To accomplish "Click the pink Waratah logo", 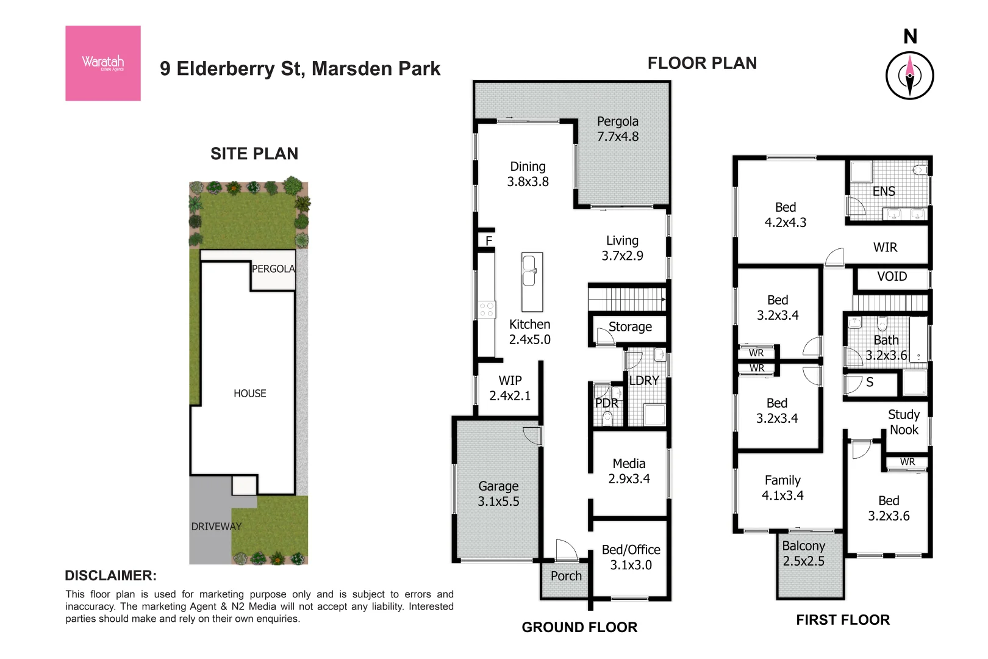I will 103,63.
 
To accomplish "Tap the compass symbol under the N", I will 909,76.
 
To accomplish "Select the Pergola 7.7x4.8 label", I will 618,129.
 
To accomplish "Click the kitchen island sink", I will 529,271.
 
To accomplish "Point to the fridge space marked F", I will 489,241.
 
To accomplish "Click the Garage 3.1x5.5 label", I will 498,494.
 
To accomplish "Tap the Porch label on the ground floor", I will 566,576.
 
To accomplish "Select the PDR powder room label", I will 606,403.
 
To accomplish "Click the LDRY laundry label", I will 644,381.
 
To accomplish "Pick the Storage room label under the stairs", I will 630,327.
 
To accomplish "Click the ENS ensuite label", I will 883,192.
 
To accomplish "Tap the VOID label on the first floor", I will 892,276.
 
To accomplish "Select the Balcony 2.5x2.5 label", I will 803,553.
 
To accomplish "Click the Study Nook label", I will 904,422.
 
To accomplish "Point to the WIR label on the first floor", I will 885,247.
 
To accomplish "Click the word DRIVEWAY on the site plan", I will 216,527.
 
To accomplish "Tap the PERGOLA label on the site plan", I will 273,268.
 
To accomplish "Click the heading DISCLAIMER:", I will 110,575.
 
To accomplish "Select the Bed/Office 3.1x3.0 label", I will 631,557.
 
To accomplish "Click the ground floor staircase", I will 627,299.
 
